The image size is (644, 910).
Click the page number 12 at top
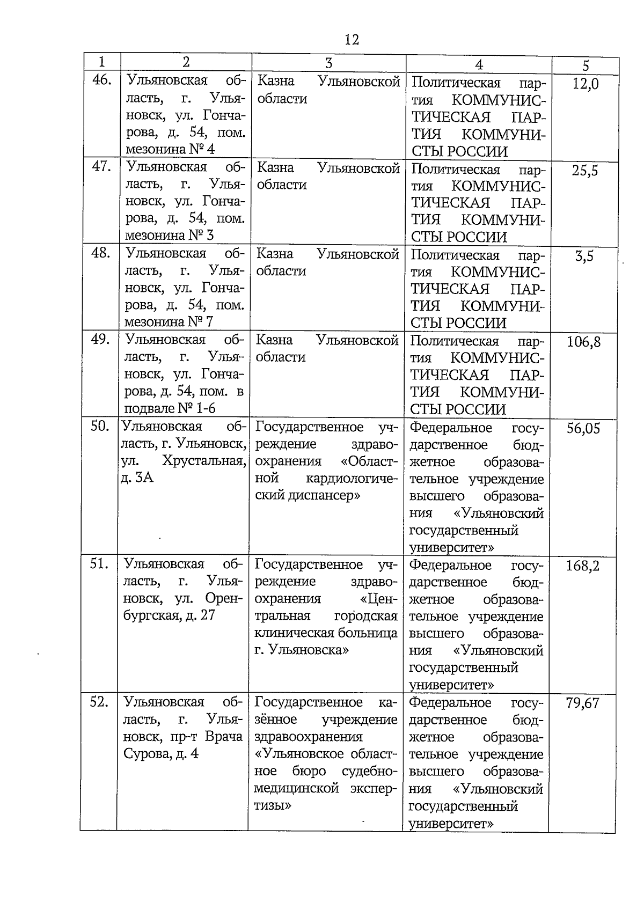click(x=352, y=40)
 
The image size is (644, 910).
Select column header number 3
click(x=328, y=63)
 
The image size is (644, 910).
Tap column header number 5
click(x=586, y=66)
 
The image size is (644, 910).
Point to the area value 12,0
click(x=585, y=84)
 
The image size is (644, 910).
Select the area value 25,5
click(x=584, y=171)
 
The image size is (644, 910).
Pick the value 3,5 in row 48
click(x=584, y=256)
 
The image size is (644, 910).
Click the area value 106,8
click(x=583, y=342)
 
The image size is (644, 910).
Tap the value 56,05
click(x=583, y=428)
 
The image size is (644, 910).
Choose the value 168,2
click(x=583, y=566)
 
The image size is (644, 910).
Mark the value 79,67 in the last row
click(x=582, y=703)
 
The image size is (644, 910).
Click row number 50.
click(x=100, y=427)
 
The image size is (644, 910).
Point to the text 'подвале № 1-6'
click(x=170, y=408)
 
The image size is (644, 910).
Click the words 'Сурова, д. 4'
click(x=161, y=753)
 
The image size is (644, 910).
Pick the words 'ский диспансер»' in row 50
click(x=308, y=495)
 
